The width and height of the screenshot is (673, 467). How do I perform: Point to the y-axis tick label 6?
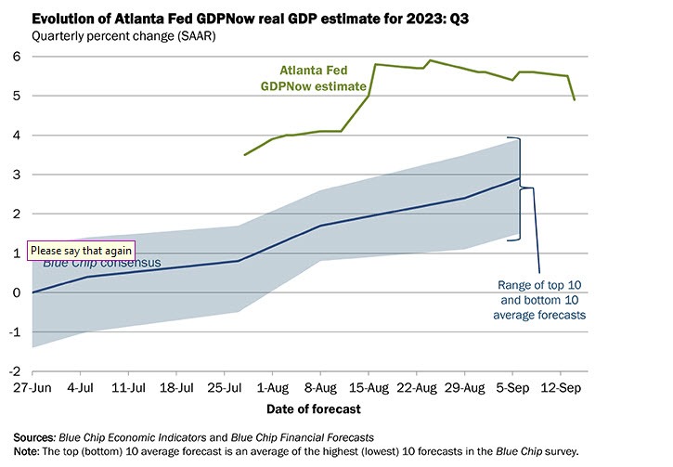[x=15, y=56]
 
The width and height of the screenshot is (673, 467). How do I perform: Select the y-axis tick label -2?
[x=13, y=371]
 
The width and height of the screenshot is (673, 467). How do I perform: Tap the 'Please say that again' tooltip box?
[x=82, y=250]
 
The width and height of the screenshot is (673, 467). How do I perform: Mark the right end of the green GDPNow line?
[x=575, y=99]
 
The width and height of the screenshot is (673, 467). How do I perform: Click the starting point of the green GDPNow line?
[x=244, y=155]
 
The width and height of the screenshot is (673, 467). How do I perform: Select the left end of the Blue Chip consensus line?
[x=33, y=292]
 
